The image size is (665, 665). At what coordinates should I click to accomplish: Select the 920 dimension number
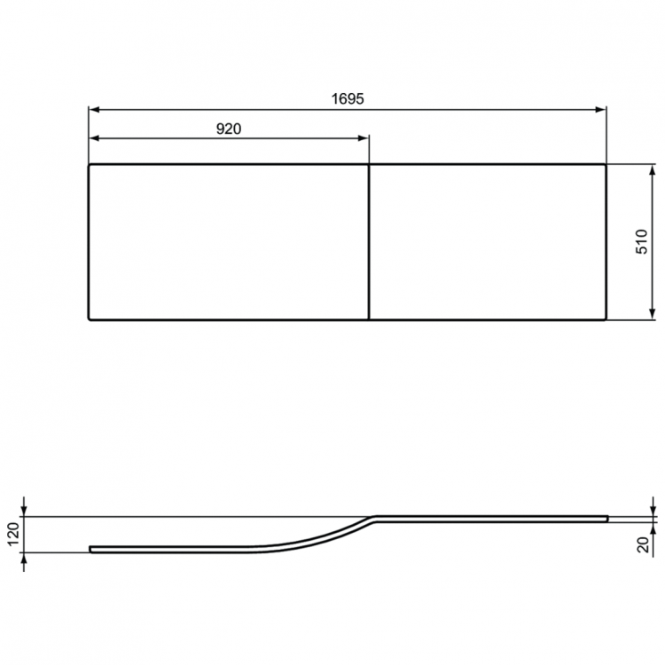(229, 128)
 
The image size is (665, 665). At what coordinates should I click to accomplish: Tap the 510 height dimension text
(641, 241)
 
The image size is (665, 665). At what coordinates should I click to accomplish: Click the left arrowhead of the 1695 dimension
(93, 110)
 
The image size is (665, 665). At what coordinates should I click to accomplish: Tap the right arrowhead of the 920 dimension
(364, 137)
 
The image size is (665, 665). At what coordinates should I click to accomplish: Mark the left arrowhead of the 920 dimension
(93, 137)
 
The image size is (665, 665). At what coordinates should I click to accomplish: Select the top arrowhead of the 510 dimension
(652, 169)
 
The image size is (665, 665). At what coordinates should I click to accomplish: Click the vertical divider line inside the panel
(369, 241)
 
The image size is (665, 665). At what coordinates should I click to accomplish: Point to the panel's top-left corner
(89, 164)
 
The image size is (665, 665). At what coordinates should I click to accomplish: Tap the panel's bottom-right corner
(606, 318)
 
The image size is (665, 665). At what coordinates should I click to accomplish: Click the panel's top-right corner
(606, 164)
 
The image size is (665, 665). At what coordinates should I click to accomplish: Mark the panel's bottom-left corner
(89, 318)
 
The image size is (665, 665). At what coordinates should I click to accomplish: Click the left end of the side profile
(90, 549)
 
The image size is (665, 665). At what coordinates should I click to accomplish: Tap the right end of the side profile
(607, 516)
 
